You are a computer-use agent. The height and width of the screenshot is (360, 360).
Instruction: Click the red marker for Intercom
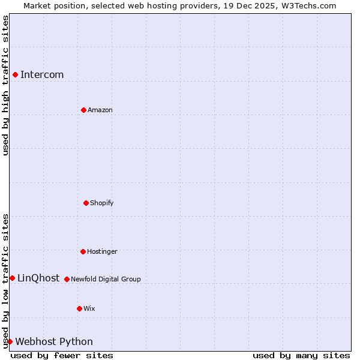(15, 74)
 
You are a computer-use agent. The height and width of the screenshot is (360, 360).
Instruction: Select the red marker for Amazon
(83, 110)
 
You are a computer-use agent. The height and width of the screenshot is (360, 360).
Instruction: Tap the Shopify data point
(86, 203)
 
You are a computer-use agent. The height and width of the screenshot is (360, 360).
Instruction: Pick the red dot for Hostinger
(83, 251)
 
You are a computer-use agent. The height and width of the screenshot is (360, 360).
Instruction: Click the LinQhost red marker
(12, 278)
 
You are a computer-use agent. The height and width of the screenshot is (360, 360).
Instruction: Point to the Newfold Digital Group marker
(67, 279)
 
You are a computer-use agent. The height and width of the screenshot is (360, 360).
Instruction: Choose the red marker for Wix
(79, 308)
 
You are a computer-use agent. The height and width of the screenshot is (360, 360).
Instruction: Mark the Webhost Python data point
(10, 341)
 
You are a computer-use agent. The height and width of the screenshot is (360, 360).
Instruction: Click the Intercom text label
(42, 74)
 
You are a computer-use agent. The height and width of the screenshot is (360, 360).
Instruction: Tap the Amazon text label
(100, 110)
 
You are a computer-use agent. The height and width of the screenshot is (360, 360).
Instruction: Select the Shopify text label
(102, 203)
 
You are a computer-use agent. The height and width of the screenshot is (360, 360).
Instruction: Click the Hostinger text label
(102, 251)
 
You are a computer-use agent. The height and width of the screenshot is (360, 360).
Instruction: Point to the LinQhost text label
(38, 278)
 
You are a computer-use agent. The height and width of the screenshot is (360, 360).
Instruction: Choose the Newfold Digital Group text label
(106, 279)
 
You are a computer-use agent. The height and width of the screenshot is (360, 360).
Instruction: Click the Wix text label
(89, 308)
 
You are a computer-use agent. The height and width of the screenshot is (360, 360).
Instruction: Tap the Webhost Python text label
(54, 341)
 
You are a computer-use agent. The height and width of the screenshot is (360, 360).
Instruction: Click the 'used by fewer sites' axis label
(62, 355)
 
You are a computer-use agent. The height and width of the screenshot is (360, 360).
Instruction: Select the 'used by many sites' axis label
(301, 355)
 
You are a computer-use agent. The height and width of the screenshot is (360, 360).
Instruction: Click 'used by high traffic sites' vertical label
(5, 85)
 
